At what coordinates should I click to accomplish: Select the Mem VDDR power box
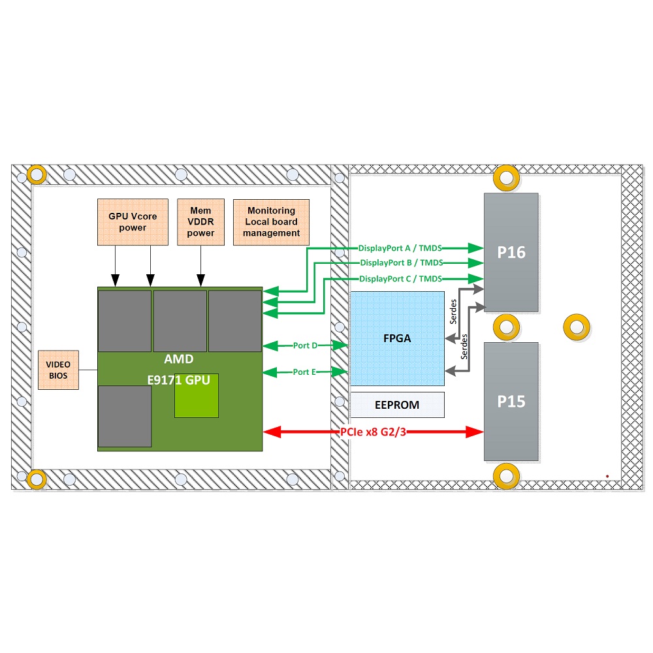[200, 222]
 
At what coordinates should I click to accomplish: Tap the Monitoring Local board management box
[271, 222]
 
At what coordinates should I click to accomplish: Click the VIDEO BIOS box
[58, 370]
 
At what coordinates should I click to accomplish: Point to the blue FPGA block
[397, 338]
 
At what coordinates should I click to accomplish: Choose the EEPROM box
[397, 405]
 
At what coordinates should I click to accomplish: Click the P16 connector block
[511, 252]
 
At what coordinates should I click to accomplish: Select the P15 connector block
[511, 401]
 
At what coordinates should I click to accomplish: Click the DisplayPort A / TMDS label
[400, 248]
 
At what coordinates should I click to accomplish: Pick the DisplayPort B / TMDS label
[402, 263]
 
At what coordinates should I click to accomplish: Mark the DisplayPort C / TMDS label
[400, 279]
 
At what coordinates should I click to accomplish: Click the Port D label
[305, 345]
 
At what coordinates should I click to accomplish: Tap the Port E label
[304, 372]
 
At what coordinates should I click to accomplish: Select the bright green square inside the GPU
[196, 396]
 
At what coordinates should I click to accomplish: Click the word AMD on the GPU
[178, 360]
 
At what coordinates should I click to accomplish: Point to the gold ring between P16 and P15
[507, 326]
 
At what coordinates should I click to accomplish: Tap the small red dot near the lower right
[607, 476]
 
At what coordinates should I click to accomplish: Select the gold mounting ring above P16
[507, 177]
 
